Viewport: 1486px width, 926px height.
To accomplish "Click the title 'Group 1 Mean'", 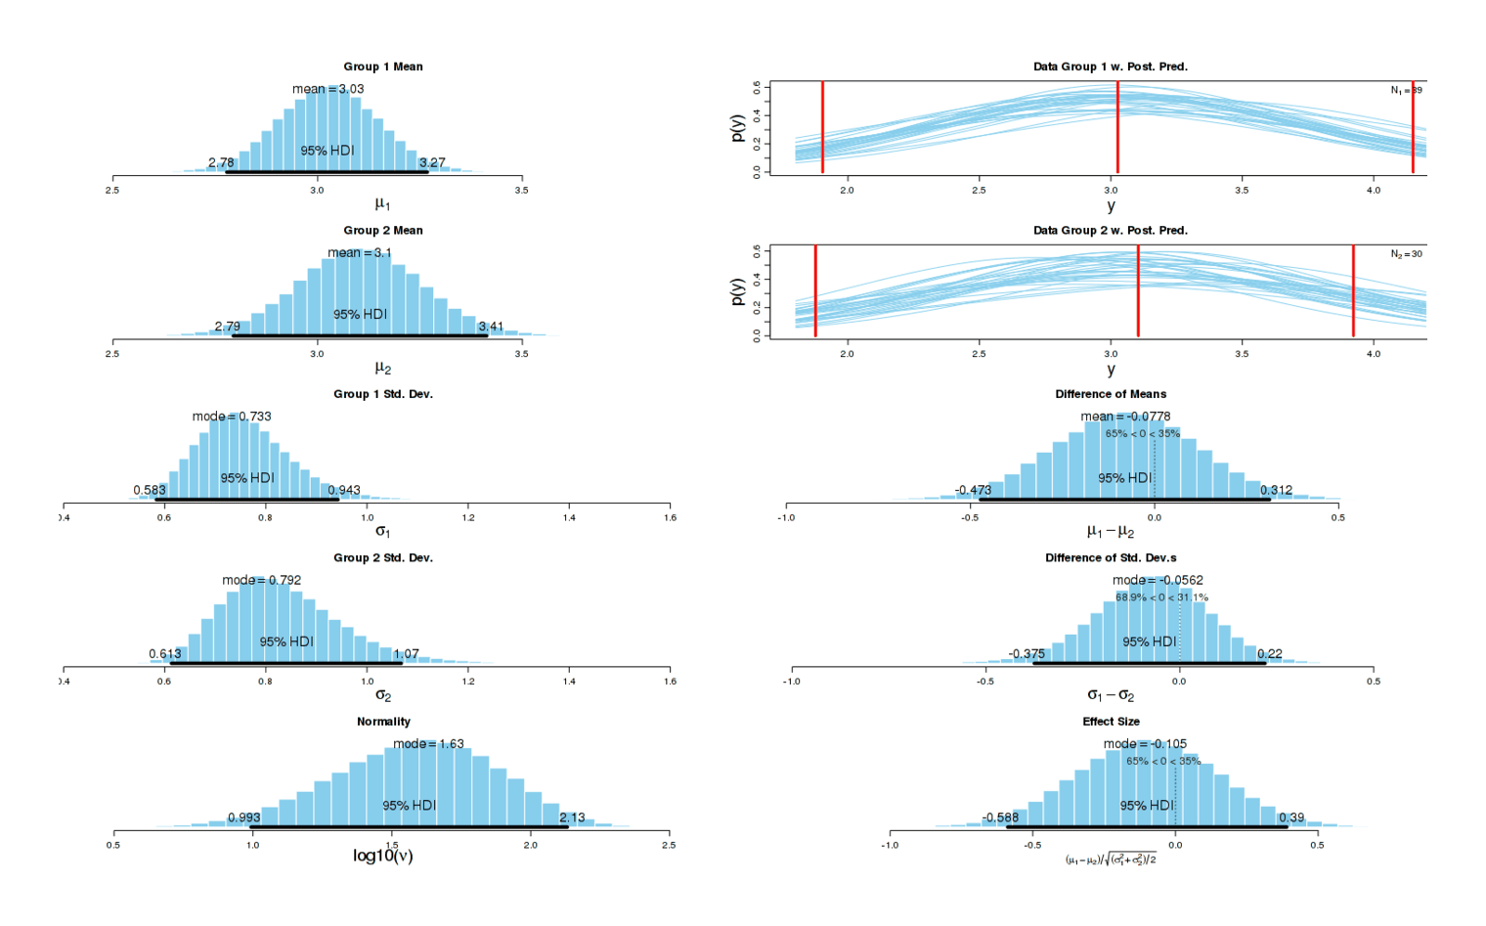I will (x=382, y=66).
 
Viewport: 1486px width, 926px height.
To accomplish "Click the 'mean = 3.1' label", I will (x=359, y=252).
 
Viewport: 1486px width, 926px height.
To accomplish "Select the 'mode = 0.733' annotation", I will (x=232, y=417).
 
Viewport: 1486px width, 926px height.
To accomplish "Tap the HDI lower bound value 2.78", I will (x=221, y=163).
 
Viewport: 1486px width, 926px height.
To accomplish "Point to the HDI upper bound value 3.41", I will (x=491, y=327).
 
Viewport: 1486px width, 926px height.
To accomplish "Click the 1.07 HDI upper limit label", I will (x=406, y=654).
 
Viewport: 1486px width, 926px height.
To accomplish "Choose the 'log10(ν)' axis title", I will (x=382, y=857).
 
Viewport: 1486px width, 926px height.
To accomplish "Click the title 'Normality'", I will (x=383, y=722).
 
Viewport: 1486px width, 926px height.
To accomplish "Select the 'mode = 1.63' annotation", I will (x=428, y=744).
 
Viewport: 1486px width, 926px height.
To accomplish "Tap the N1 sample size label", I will (x=1406, y=90).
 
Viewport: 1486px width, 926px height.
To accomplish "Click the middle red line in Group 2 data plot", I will (x=1138, y=291).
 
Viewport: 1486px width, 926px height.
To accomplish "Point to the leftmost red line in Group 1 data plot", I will (x=822, y=127).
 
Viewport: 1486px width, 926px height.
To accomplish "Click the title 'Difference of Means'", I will (x=1111, y=394).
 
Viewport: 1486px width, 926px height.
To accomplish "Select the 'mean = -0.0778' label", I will (x=1125, y=417).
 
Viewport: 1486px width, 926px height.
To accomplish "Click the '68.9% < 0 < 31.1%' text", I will (x=1161, y=597).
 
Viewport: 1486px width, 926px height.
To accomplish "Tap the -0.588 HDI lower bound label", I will (x=1000, y=817).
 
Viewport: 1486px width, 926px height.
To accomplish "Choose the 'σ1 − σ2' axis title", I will (x=1111, y=695).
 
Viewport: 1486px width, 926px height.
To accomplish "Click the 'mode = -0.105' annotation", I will (x=1145, y=744).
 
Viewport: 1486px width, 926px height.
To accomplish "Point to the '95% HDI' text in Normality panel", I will (x=409, y=806).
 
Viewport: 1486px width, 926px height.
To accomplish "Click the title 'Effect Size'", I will (x=1111, y=722).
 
